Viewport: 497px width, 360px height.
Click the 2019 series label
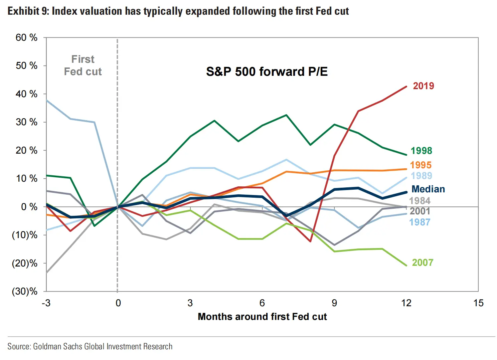point(423,86)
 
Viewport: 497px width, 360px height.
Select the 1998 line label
point(421,151)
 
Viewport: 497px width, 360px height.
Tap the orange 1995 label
point(421,165)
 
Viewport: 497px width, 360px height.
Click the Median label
point(428,189)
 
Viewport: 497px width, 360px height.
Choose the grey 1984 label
point(420,201)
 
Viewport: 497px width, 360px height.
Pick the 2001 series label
point(420,211)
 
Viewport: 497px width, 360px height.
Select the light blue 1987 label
point(420,222)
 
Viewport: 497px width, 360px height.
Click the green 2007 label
point(422,262)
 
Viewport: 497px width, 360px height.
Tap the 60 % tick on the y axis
point(26,37)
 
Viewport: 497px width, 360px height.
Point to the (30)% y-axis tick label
point(25,292)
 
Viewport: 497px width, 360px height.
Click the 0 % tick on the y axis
point(29,207)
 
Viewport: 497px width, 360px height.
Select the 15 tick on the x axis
point(478,303)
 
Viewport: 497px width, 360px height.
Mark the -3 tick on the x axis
point(46,303)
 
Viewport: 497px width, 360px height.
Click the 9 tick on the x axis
point(334,303)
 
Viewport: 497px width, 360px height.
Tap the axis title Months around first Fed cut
point(262,317)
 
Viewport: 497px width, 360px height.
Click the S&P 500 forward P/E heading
point(267,71)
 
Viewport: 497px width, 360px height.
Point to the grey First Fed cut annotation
point(83,65)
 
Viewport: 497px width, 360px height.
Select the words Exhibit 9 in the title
point(28,11)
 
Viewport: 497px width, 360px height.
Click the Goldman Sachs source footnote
point(90,346)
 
